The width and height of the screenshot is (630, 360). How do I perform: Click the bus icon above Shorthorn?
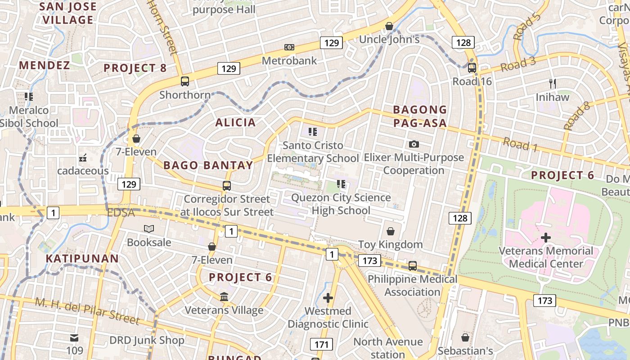pyautogui.click(x=198, y=81)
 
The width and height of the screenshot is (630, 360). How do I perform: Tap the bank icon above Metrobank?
pyautogui.click(x=289, y=47)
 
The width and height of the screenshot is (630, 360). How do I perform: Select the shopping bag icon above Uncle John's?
pyautogui.click(x=389, y=26)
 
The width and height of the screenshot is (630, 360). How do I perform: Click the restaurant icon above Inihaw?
pyautogui.click(x=565, y=83)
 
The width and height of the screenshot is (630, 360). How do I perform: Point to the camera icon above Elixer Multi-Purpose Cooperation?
pyautogui.click(x=414, y=144)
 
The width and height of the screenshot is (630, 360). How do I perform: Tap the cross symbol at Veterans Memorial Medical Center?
pyautogui.click(x=546, y=237)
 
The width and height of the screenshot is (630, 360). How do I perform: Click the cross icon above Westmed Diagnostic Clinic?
pyautogui.click(x=328, y=298)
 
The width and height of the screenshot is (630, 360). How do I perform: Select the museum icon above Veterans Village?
pyautogui.click(x=224, y=297)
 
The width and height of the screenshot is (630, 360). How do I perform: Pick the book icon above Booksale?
pyautogui.click(x=149, y=229)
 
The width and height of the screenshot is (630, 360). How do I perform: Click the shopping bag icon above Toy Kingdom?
pyautogui.click(x=391, y=231)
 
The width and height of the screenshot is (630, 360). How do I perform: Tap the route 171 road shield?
pyautogui.click(x=321, y=345)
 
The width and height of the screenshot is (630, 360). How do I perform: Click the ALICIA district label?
pyautogui.click(x=235, y=122)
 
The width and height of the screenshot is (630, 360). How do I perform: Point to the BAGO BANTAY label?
pyautogui.click(x=208, y=165)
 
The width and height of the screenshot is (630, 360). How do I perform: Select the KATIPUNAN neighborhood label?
pyautogui.click(x=82, y=258)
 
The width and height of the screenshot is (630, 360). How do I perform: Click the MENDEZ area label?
pyautogui.click(x=45, y=65)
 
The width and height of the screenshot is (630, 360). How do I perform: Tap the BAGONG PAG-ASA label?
pyautogui.click(x=420, y=116)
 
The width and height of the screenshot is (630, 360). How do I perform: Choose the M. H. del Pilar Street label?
pyautogui.click(x=87, y=311)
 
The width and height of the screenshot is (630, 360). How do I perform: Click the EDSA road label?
pyautogui.click(x=121, y=212)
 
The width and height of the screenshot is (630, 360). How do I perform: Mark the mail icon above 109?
pyautogui.click(x=74, y=337)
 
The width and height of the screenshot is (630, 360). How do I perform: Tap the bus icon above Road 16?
pyautogui.click(x=472, y=68)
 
